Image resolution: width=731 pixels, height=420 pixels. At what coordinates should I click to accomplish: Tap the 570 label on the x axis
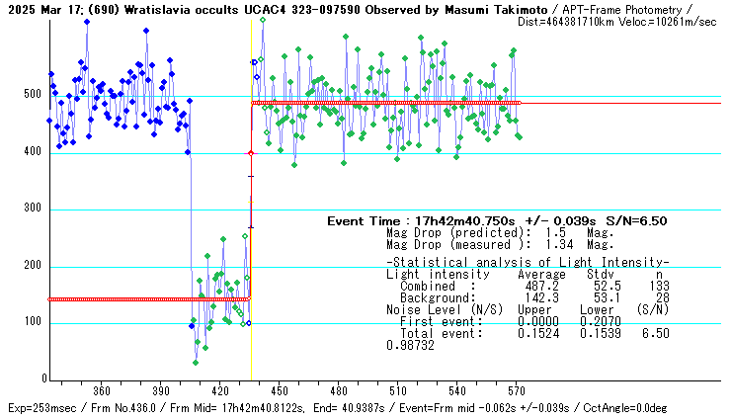517,390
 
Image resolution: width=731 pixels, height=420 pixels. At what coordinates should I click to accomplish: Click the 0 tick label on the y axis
43,378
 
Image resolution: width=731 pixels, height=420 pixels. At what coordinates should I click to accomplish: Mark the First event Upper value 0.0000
534,321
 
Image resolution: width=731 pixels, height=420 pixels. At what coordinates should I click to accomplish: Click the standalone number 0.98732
410,345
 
